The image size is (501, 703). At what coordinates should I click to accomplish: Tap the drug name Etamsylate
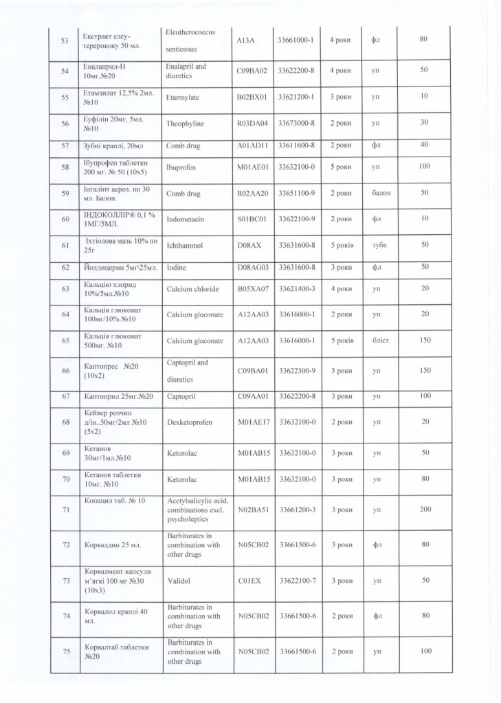click(182, 97)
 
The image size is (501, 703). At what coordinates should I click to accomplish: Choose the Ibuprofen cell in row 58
click(182, 168)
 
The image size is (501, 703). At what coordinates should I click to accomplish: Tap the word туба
click(379, 244)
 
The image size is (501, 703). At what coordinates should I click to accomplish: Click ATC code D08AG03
click(251, 266)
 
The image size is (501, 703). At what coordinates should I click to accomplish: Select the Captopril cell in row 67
click(181, 396)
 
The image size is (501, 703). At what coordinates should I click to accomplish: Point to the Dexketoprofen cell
click(190, 422)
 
